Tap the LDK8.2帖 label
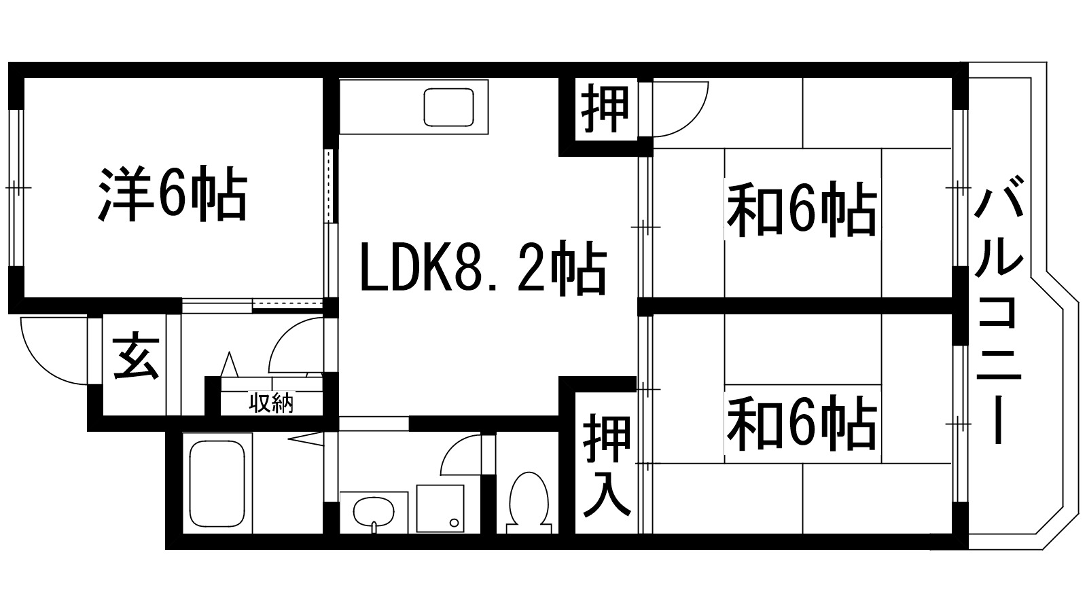(482, 270)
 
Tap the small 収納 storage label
(273, 404)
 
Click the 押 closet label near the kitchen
(605, 109)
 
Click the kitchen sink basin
(448, 107)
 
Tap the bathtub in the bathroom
(217, 482)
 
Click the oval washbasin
(373, 510)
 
